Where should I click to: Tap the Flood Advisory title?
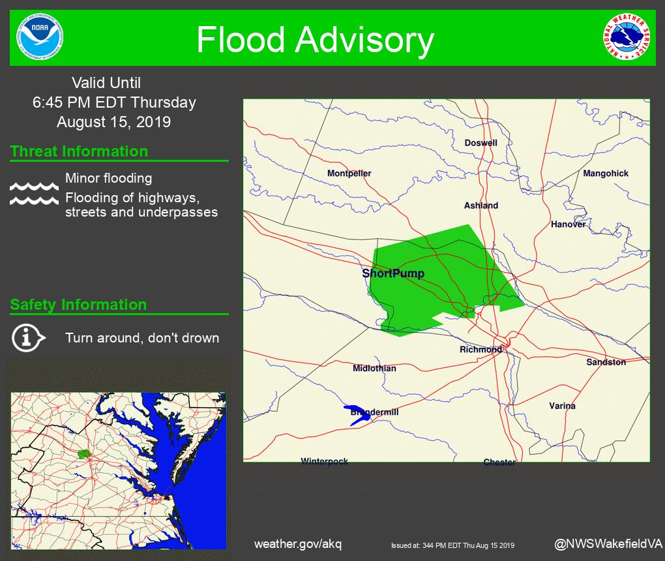315,40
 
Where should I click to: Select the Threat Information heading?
79,151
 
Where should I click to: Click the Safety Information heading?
78,305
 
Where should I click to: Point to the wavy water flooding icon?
34,194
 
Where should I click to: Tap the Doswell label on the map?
480,143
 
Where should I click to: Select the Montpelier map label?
349,174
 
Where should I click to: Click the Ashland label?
480,205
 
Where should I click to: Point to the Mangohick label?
606,174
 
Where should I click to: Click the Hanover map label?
568,224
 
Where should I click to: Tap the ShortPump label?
393,273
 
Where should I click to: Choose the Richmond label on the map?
480,350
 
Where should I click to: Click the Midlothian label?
374,369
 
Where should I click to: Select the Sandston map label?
606,362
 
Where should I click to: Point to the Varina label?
562,406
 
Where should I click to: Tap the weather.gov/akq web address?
297,544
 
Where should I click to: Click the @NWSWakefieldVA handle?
608,544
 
